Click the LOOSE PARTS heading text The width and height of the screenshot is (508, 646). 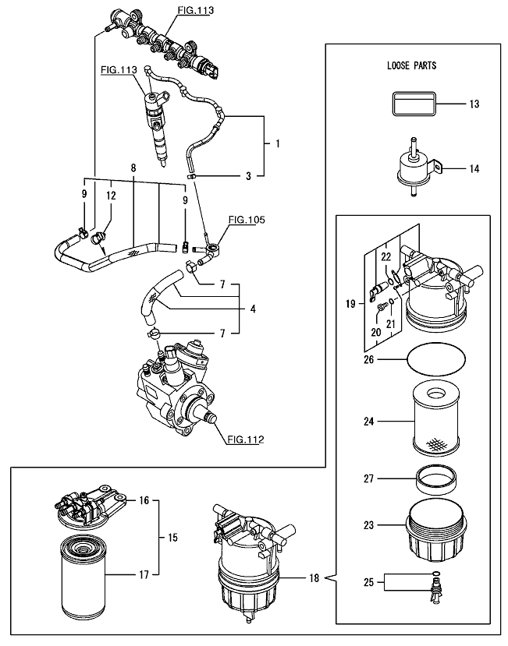(x=411, y=65)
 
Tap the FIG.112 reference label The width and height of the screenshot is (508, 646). (x=246, y=439)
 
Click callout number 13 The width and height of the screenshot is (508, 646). (x=474, y=104)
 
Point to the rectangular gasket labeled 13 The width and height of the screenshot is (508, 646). (x=413, y=104)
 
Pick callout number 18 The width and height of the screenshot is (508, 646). (x=314, y=578)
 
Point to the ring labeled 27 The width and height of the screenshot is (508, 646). (x=435, y=478)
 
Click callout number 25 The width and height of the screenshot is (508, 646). (x=368, y=582)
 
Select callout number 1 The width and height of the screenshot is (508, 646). (x=278, y=144)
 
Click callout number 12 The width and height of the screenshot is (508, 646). (x=111, y=196)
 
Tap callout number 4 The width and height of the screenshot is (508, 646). (x=253, y=309)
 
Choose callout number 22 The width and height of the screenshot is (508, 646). (x=385, y=257)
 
